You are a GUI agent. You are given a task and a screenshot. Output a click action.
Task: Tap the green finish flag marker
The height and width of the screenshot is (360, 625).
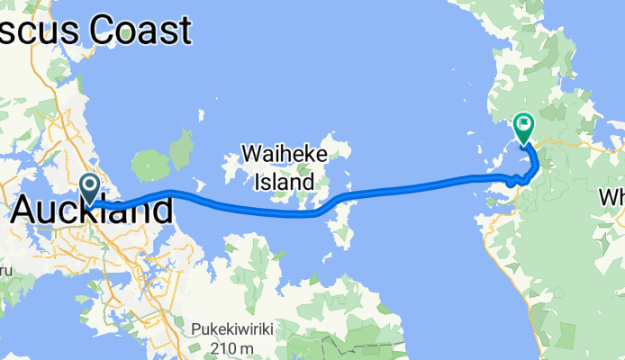523,128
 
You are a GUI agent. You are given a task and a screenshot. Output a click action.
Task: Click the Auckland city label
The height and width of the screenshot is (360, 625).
94,211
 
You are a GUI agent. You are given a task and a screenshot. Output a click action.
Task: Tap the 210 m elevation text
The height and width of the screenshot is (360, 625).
234,348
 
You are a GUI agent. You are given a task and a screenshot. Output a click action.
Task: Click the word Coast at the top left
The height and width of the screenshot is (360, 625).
136,31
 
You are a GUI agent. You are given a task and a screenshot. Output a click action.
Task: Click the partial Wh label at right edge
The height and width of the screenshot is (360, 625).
611,196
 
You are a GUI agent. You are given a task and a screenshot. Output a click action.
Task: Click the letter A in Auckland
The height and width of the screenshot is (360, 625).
27,211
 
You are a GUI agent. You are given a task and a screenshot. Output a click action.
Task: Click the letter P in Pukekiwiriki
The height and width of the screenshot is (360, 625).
195,329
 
